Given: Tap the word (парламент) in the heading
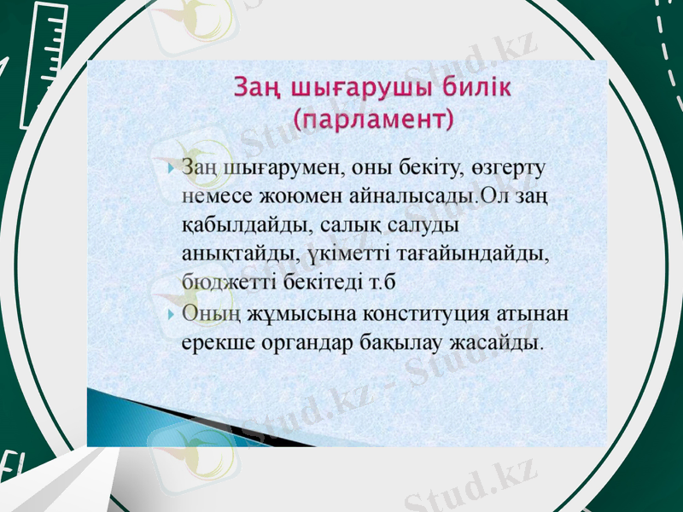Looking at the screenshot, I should point(371,119).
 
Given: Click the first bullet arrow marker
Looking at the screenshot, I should point(172,169).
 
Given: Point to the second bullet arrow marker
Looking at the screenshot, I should point(172,314).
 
